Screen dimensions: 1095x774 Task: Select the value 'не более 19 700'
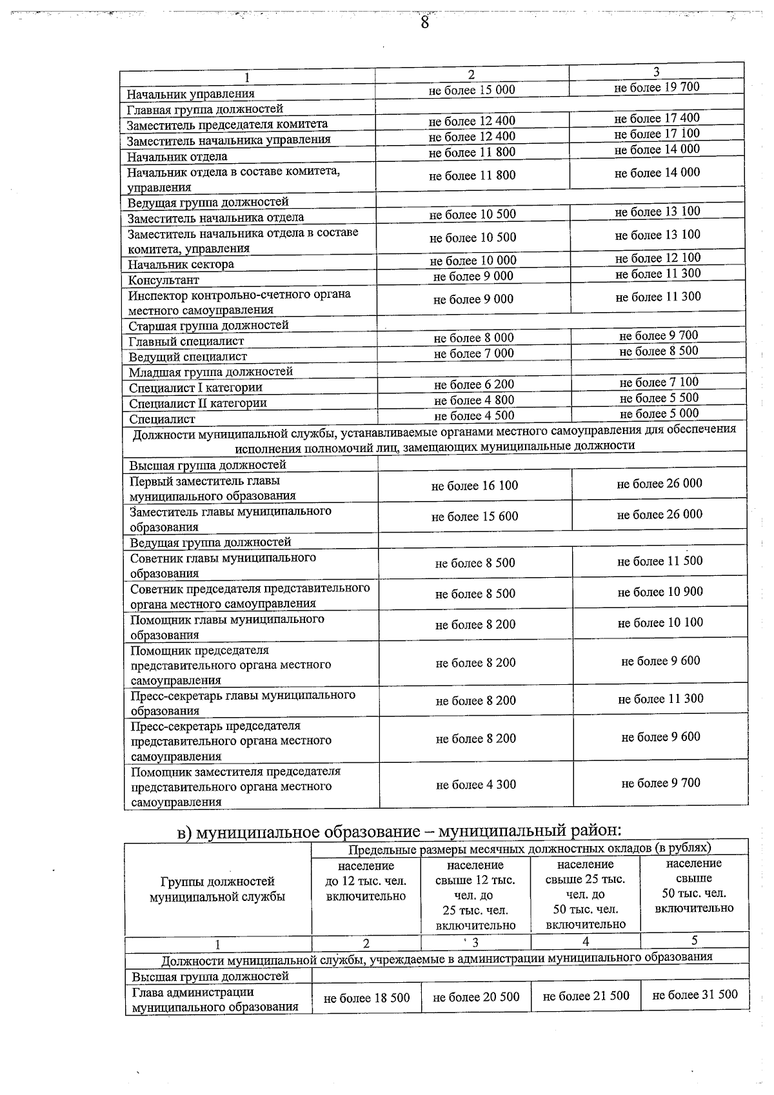coord(657,87)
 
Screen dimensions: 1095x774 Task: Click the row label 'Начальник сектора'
coord(181,264)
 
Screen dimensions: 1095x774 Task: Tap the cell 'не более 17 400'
coord(657,118)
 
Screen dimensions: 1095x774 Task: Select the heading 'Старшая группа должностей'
coord(208,326)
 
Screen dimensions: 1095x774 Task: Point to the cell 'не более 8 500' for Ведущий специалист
coord(659,351)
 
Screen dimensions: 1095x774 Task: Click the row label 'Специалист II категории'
coord(198,404)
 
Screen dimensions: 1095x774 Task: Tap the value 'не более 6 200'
coord(474,384)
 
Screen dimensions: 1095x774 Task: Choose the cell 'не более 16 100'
coord(475,486)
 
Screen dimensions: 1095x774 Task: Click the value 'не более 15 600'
coord(475,517)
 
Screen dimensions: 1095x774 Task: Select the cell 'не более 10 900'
coord(660,592)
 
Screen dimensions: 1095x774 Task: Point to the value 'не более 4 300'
coord(476,785)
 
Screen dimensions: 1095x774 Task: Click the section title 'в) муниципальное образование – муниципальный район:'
coord(399,831)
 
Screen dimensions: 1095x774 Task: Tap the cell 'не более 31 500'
coord(695,994)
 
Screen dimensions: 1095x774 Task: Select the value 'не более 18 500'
coord(366,998)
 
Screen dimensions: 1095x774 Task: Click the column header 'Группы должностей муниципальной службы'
coord(217,889)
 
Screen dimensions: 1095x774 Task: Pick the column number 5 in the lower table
coord(694,940)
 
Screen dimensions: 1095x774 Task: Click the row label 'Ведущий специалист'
coord(188,357)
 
